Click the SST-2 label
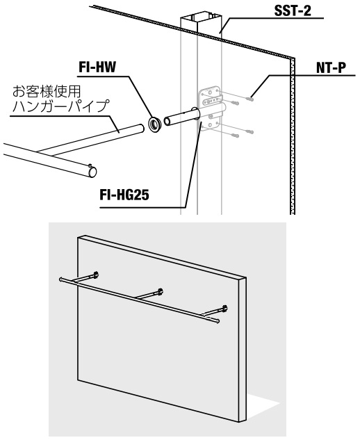293,11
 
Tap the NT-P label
331,68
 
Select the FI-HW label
97,67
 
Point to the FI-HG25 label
124,195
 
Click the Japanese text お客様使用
47,91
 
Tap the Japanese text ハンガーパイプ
60,106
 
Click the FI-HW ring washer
154,124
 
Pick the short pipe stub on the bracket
181,117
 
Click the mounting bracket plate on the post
211,108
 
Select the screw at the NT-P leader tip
249,99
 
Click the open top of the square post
201,18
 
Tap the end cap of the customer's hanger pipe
92,171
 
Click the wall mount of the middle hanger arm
160,291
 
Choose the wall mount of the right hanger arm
224,309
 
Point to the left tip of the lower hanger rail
60,279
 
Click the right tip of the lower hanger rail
218,321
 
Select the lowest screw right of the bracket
235,136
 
